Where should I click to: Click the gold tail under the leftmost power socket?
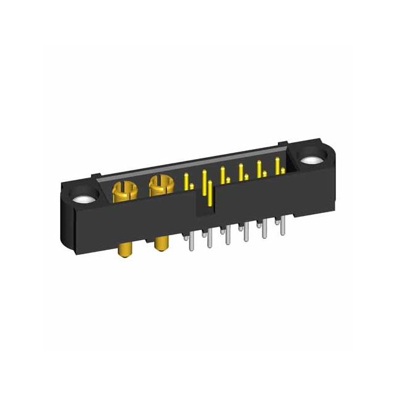pos(126,251)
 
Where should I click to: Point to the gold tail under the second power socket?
pos(162,243)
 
